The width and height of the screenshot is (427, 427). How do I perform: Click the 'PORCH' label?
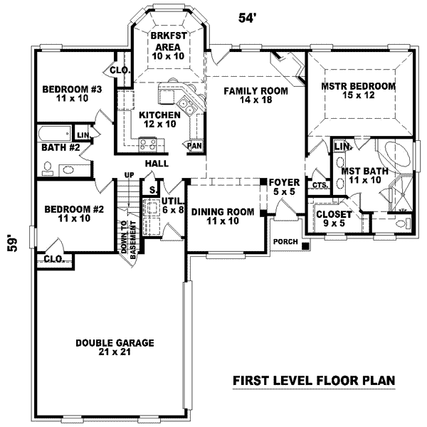click(x=285, y=242)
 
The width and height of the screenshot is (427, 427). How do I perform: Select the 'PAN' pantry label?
click(x=194, y=145)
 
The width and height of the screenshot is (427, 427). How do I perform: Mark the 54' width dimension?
click(x=246, y=18)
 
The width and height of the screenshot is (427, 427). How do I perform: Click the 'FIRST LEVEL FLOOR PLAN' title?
click(x=314, y=381)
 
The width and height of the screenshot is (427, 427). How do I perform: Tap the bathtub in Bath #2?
click(x=54, y=133)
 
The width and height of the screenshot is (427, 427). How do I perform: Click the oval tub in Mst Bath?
click(x=391, y=155)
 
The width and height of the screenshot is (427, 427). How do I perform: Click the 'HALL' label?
click(x=157, y=163)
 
